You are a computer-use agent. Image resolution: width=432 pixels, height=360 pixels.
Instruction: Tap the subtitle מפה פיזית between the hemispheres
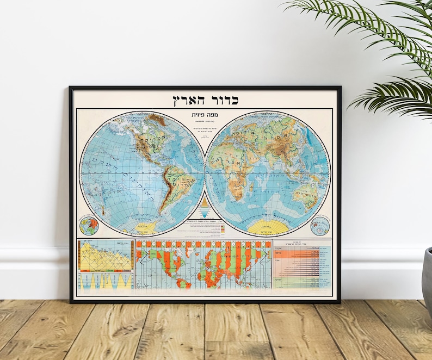tap(205, 116)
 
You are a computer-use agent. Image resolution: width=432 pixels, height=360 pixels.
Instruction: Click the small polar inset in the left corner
tap(88, 225)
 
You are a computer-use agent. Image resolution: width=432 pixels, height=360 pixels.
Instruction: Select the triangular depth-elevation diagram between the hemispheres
tap(205, 208)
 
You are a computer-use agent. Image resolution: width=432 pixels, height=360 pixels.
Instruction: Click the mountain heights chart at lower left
tap(106, 256)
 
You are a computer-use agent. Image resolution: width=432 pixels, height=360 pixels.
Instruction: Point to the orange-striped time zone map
tap(203, 265)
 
